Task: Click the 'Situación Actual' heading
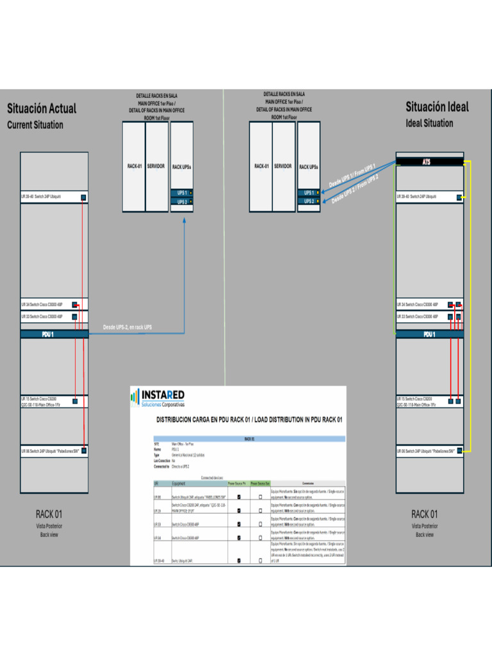click(x=42, y=108)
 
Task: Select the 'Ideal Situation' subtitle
click(x=429, y=123)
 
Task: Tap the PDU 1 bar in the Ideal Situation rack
click(x=429, y=334)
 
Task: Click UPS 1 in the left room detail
click(x=182, y=193)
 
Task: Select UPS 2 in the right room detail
click(x=309, y=201)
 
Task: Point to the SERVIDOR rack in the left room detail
click(x=156, y=166)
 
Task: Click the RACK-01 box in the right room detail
click(x=261, y=166)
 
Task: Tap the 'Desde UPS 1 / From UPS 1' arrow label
click(x=352, y=175)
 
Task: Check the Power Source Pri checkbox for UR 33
click(x=239, y=524)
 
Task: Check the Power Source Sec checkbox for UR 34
click(x=260, y=538)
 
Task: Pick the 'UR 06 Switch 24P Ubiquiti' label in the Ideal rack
click(x=426, y=452)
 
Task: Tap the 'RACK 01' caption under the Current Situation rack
click(x=49, y=514)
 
